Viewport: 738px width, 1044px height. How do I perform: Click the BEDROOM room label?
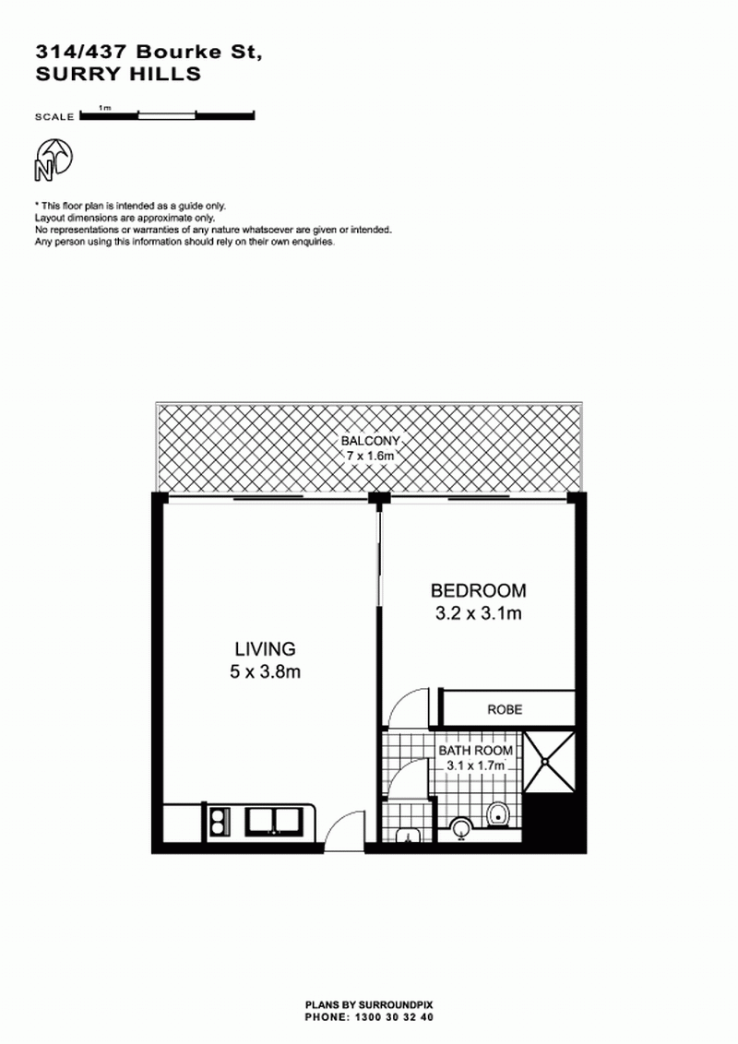[x=478, y=590]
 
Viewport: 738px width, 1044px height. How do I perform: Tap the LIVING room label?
[x=265, y=648]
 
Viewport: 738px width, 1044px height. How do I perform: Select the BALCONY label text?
[x=370, y=441]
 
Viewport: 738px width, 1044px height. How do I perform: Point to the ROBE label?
[x=505, y=710]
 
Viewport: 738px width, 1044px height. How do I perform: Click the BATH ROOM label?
[x=476, y=751]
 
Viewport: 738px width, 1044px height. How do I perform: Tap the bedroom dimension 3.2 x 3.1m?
[x=478, y=613]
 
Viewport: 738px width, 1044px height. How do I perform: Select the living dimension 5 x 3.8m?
[x=265, y=671]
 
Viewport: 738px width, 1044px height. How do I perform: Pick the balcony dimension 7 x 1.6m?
[x=370, y=457]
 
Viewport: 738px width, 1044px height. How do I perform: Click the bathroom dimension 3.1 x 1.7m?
[x=476, y=765]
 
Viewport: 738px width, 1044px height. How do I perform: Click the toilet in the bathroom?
[x=497, y=813]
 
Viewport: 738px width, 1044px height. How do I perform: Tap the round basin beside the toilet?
[x=461, y=827]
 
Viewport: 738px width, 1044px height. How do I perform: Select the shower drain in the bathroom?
[x=548, y=761]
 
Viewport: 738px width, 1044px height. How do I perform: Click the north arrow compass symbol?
[x=53, y=160]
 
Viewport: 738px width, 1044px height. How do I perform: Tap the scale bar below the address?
[x=167, y=115]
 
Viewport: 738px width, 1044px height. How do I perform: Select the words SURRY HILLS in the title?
[x=118, y=74]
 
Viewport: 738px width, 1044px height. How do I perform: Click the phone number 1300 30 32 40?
[x=394, y=1017]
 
